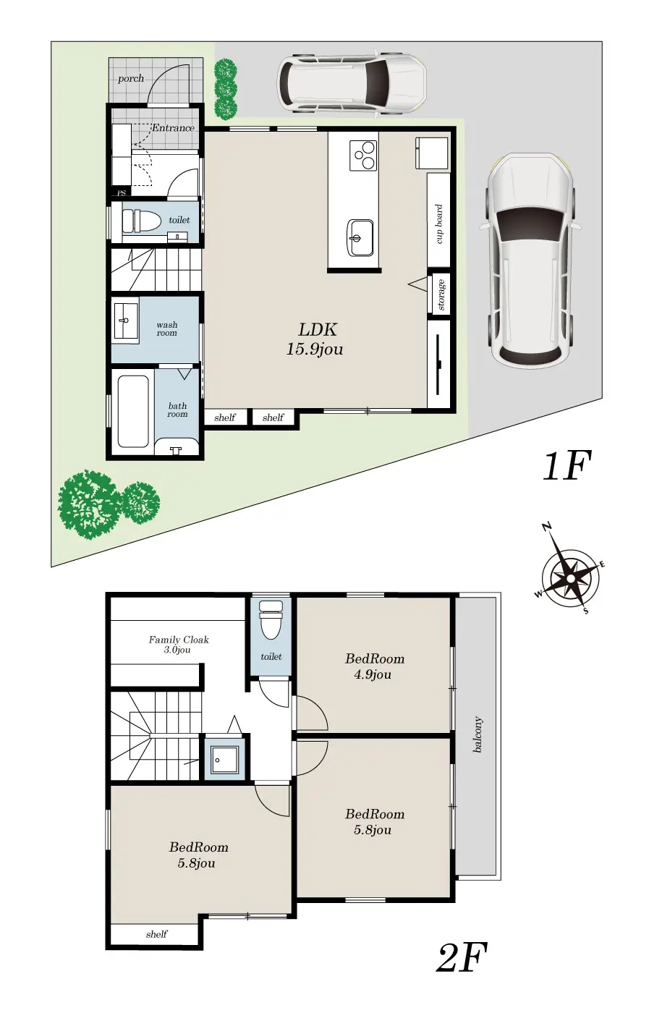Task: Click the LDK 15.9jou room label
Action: pyautogui.click(x=315, y=339)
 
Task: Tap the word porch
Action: pyautogui.click(x=131, y=79)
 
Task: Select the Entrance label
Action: pyautogui.click(x=173, y=127)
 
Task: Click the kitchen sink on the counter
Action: pyautogui.click(x=360, y=238)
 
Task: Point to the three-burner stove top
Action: pyautogui.click(x=363, y=155)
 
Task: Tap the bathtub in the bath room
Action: pyautogui.click(x=133, y=411)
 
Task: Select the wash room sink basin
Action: pyautogui.click(x=126, y=320)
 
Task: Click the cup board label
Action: pyautogui.click(x=438, y=224)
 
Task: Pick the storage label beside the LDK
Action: pyautogui.click(x=441, y=295)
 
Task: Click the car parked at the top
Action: pyautogui.click(x=352, y=84)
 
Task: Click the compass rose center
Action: pyautogui.click(x=570, y=578)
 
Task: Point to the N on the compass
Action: pyautogui.click(x=546, y=527)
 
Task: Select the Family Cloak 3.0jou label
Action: pyautogui.click(x=178, y=645)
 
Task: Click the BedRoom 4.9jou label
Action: pyautogui.click(x=374, y=666)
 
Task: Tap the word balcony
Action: pyautogui.click(x=477, y=734)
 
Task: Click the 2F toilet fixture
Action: pyautogui.click(x=271, y=619)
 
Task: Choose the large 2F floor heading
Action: pyautogui.click(x=462, y=957)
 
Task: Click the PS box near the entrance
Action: pyautogui.click(x=122, y=193)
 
